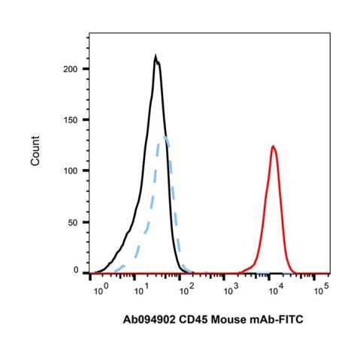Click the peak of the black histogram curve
click(156, 56)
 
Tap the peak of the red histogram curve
click(274, 147)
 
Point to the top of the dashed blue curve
click(164, 137)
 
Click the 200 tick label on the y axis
click(73, 69)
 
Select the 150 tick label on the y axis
click(73, 119)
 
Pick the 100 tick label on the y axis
click(73, 171)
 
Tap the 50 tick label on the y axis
click(75, 221)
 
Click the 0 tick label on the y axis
click(77, 269)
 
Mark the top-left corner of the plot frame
click(89, 34)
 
